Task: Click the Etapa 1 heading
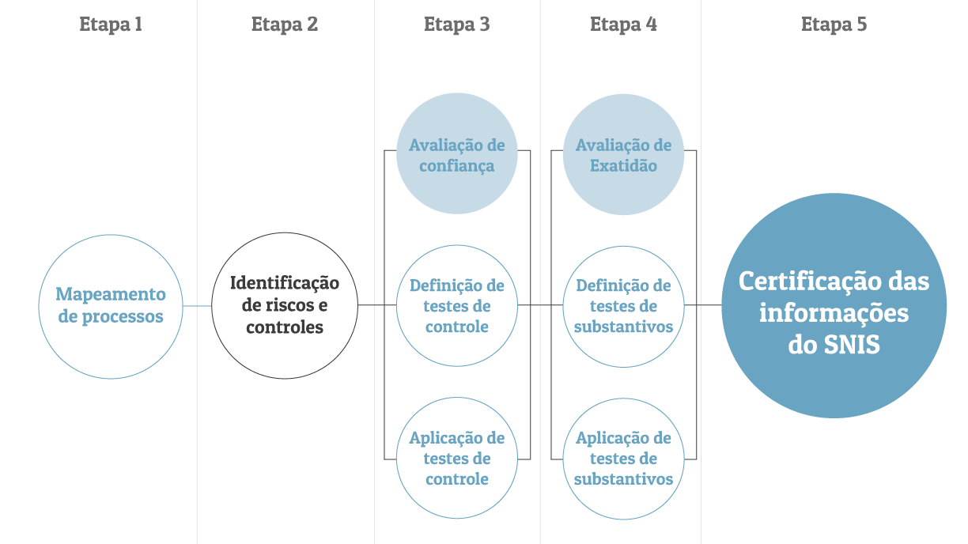[111, 25]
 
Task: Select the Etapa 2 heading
[285, 25]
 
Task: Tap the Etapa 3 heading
[456, 25]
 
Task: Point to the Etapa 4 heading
[623, 25]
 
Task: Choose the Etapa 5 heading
[834, 25]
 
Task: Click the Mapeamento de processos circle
[111, 306]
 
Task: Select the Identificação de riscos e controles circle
[285, 306]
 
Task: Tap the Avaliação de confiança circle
[457, 154]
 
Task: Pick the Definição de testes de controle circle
[457, 306]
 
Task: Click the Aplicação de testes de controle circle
[457, 458]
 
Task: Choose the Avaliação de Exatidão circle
[623, 154]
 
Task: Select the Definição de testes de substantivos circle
[623, 306]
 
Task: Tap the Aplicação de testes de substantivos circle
[623, 458]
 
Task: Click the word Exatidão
[623, 166]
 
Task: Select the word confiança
[457, 166]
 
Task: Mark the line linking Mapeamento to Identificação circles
[197, 305]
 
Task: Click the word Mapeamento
[111, 295]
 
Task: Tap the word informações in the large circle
[834, 314]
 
